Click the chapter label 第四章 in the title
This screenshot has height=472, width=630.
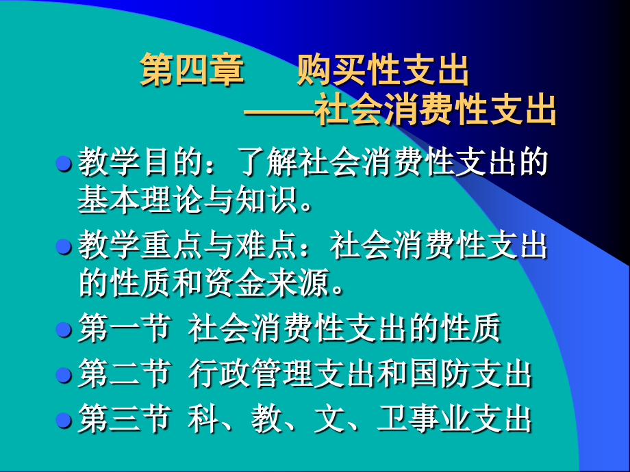point(192,72)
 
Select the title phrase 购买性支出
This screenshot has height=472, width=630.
point(383,72)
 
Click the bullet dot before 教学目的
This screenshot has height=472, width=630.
point(64,164)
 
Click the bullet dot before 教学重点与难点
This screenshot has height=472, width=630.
point(64,246)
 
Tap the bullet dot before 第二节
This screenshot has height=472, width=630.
point(64,375)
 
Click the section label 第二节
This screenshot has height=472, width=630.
point(123,375)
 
